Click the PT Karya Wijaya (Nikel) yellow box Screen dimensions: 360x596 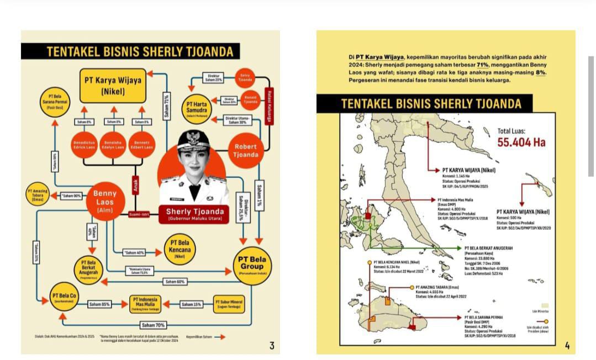coord(113,85)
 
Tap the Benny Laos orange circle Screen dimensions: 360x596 coord(104,201)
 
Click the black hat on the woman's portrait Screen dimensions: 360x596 coord(193,140)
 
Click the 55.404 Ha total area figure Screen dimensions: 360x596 coord(521,142)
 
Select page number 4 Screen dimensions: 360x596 coord(567,346)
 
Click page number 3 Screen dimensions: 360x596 coord(272,346)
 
